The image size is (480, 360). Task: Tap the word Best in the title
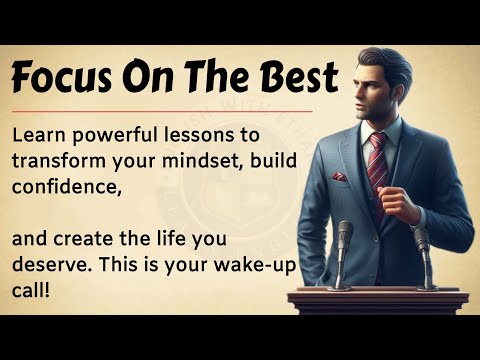tap(297, 76)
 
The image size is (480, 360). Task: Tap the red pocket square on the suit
tap(341, 177)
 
